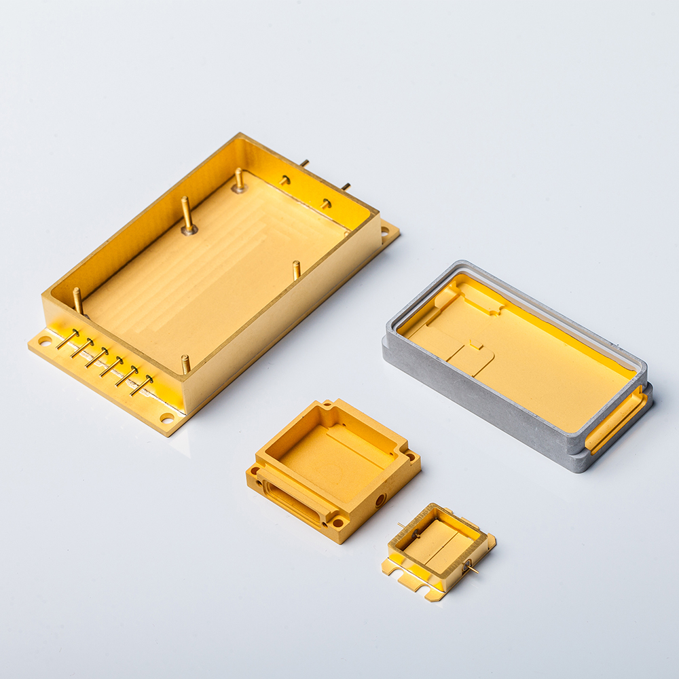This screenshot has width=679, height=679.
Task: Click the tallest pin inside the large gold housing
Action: coord(187,214)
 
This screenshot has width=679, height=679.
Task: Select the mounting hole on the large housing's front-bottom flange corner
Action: coord(166,418)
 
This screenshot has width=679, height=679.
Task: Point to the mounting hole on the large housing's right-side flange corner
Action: coord(386,232)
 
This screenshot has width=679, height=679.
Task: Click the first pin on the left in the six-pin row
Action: coord(68,339)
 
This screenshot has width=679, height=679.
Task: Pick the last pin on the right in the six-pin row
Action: coord(141,386)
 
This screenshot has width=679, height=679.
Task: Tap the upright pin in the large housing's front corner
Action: coord(185,364)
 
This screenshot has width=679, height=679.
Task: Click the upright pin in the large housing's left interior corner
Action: coord(77,301)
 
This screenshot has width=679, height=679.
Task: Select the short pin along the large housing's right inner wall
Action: coord(296,270)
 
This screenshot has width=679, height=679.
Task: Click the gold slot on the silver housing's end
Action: coord(615,422)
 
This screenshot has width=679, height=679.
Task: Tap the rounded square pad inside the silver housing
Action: coord(471,359)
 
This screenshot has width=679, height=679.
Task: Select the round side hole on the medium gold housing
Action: coord(380,500)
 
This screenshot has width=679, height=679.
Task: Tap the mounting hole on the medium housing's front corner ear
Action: coord(337,523)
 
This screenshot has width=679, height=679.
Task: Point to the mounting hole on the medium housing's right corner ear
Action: coord(410,457)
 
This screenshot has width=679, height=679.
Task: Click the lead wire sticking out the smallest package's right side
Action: coord(471,567)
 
